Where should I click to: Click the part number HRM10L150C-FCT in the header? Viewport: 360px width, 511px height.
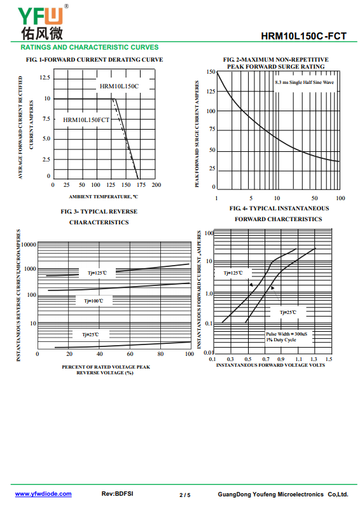pos(303,36)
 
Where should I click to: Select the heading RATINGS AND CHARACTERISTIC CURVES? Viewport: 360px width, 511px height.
pos(90,47)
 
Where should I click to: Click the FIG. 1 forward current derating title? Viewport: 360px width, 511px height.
pos(95,60)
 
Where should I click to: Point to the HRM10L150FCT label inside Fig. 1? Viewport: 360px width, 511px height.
pos(86,120)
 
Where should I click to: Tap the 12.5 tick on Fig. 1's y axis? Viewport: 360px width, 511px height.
pos(45,78)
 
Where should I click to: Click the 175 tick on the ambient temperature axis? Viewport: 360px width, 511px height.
pos(141,185)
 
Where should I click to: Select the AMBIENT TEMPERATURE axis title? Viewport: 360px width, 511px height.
pos(104,196)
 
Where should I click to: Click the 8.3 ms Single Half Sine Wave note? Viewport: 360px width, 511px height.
pos(304,83)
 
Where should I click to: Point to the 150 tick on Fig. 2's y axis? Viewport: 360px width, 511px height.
pos(211,72)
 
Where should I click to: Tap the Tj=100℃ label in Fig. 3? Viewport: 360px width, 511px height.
pos(93,301)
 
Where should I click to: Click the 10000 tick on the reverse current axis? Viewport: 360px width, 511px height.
pos(29,245)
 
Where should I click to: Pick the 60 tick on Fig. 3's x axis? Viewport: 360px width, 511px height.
pos(130,354)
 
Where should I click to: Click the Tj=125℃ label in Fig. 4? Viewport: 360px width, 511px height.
pos(233,273)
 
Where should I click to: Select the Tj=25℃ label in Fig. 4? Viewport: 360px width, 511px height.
pos(288,312)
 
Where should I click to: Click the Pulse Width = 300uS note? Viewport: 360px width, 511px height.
pos(287,334)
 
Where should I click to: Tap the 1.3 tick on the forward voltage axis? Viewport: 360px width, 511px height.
pos(314,359)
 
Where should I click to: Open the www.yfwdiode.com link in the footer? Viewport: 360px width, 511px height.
pos(43,494)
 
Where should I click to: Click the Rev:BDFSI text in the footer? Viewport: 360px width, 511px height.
pos(118,494)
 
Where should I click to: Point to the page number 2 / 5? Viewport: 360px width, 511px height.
pos(185,495)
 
